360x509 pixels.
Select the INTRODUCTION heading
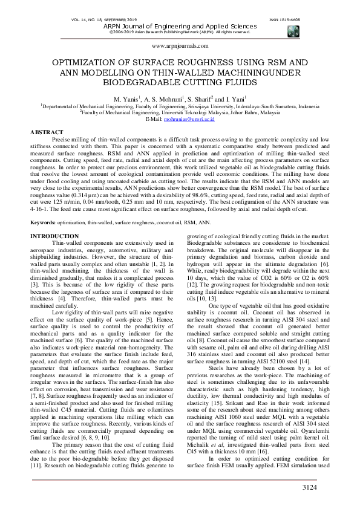[54, 218]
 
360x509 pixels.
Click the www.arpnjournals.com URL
[180, 45]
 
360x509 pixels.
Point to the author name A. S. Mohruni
[163, 98]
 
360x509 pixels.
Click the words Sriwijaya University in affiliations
[200, 105]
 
